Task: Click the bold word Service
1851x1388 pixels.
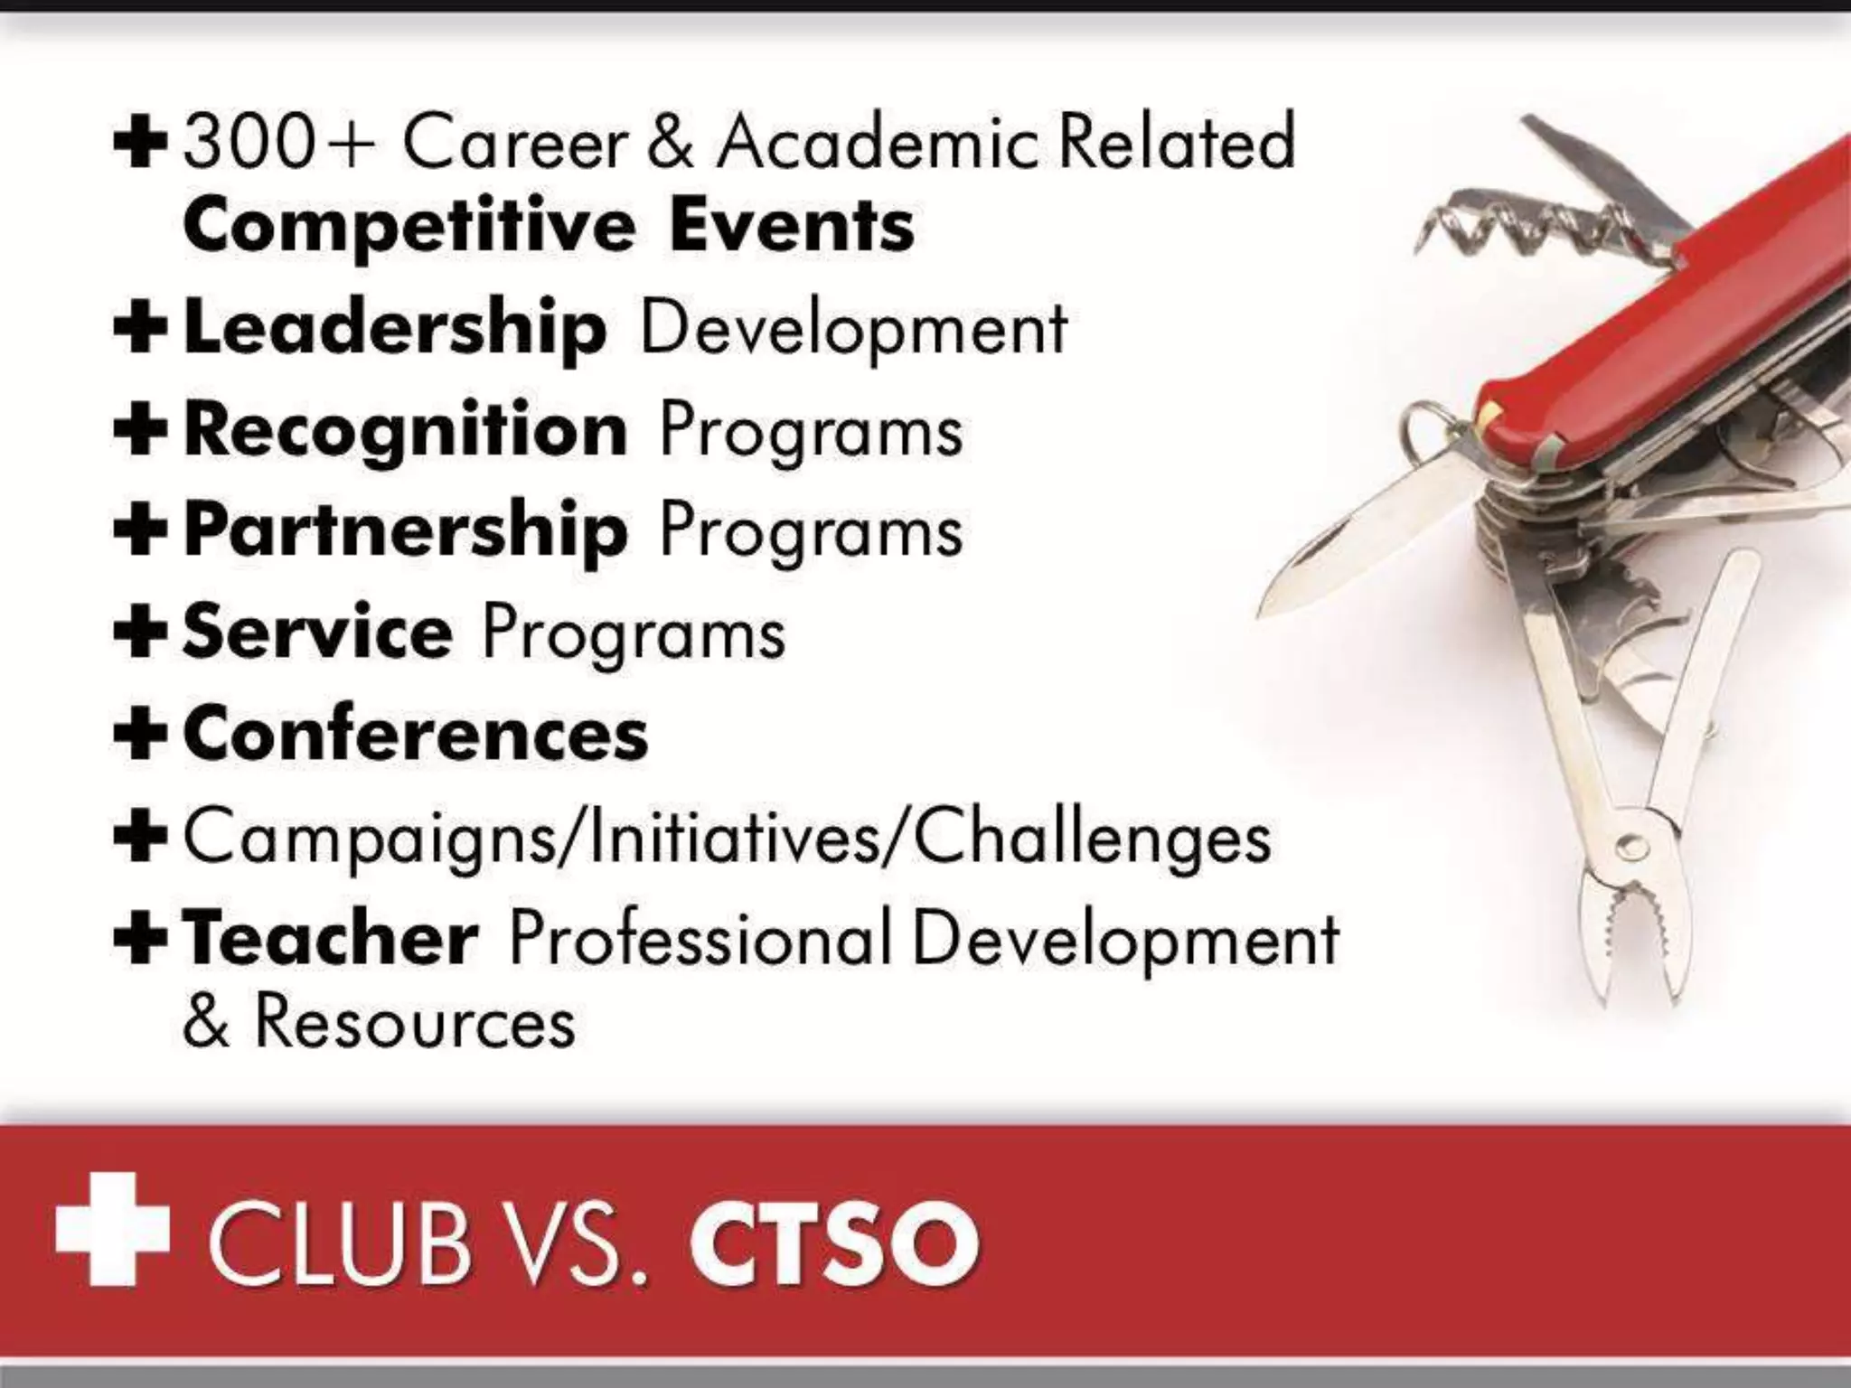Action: tap(317, 633)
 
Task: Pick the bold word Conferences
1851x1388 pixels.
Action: tap(416, 735)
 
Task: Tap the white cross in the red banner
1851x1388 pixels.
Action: tap(112, 1229)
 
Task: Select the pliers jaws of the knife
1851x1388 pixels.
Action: tap(1627, 949)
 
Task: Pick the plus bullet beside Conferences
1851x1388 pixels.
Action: tap(140, 735)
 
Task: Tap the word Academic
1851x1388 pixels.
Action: tap(879, 144)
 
